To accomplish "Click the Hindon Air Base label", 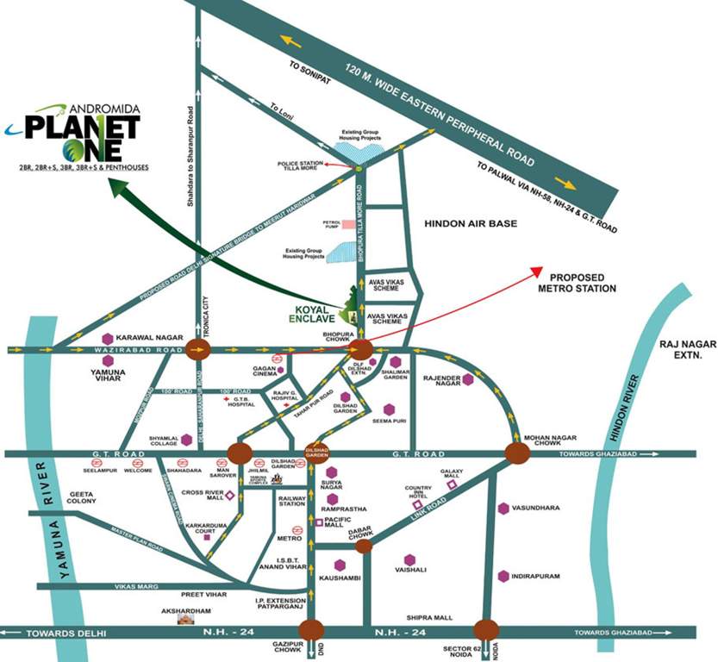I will click(x=470, y=223).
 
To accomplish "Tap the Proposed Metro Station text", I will click(x=577, y=282).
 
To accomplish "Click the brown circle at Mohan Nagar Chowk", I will click(x=517, y=453).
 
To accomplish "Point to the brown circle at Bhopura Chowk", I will click(x=360, y=349).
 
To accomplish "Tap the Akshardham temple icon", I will click(x=186, y=619).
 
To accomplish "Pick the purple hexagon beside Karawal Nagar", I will click(x=107, y=338).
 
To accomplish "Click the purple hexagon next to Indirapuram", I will click(x=503, y=576).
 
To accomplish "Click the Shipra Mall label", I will click(x=430, y=618).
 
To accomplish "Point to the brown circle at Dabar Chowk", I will click(x=364, y=545).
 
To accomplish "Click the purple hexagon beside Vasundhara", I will click(x=503, y=509).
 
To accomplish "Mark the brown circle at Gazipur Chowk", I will click(x=312, y=631).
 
